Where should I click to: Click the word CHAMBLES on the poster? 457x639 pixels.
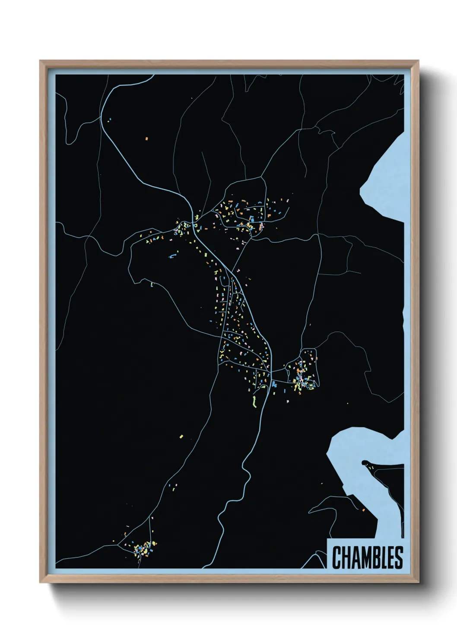367,557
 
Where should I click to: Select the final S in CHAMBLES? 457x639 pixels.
398,557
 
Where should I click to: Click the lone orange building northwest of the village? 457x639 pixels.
146,139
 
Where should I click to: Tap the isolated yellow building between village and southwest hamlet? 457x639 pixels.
181,437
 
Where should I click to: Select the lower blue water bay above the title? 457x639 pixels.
367,445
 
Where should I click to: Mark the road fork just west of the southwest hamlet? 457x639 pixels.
120,545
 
